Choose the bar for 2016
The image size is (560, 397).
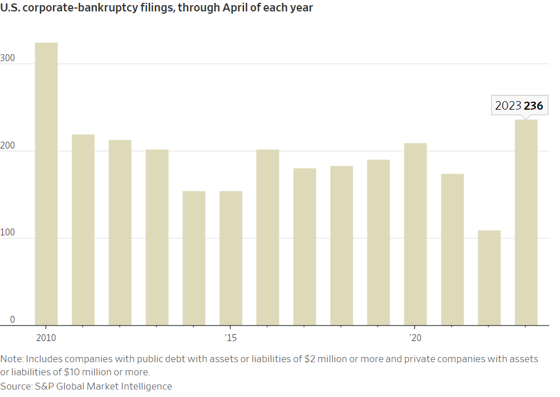(x=267, y=237)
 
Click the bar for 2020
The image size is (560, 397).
(x=415, y=234)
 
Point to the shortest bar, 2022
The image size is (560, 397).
(x=489, y=278)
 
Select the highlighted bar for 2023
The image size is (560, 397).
(x=526, y=223)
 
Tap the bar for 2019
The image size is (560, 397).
(x=379, y=242)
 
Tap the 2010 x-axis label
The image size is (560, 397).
(x=46, y=338)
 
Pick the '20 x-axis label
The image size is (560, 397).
(x=415, y=338)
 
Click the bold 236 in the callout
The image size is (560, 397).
(x=534, y=106)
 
